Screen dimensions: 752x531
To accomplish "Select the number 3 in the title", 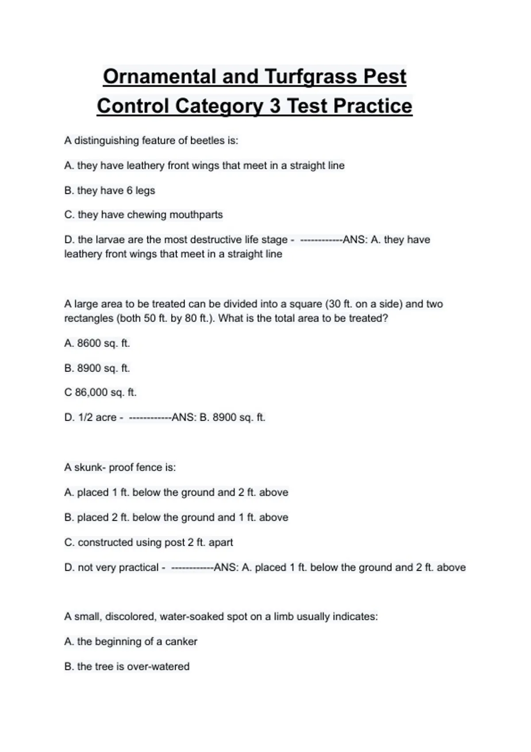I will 275,106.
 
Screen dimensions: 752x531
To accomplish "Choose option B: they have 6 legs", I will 110,191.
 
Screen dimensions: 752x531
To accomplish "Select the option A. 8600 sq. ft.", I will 97,343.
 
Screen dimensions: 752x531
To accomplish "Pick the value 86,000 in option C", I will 91,392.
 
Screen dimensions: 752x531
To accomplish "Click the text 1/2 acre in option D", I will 97,418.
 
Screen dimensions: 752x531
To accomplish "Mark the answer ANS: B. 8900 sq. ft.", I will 218,418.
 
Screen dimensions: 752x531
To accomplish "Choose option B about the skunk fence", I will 176,518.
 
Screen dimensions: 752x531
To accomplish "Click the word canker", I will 181,642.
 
